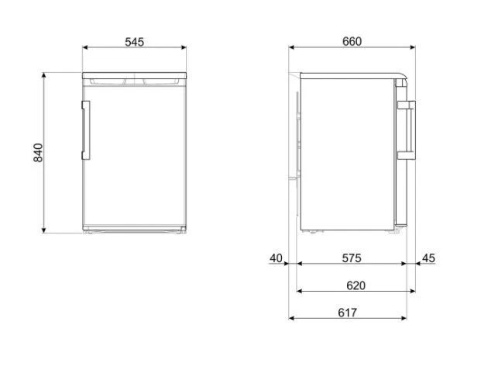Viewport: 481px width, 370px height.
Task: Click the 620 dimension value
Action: (x=355, y=285)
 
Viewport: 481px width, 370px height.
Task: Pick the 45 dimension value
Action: (x=429, y=258)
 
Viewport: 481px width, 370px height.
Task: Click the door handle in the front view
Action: (x=86, y=128)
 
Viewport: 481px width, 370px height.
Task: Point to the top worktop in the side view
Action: (x=349, y=75)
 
